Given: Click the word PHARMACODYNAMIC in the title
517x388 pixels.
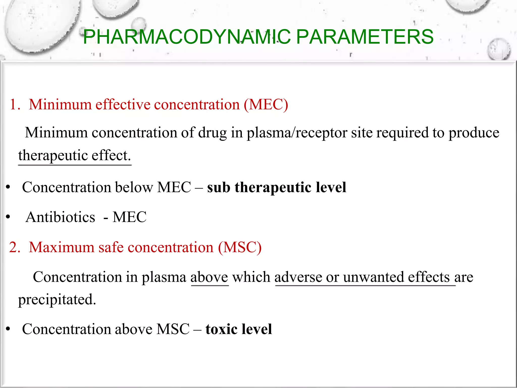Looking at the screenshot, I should pyautogui.click(x=187, y=37).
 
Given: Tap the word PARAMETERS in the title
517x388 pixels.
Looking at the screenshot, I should pyautogui.click(x=365, y=37).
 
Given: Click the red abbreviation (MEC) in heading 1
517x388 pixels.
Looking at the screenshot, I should pyautogui.click(x=266, y=105).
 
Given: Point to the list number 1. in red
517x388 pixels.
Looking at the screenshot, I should pyautogui.click(x=15, y=105).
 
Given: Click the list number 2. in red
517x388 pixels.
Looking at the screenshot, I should pyautogui.click(x=15, y=247).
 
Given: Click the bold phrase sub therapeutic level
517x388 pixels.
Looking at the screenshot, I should pyautogui.click(x=276, y=187).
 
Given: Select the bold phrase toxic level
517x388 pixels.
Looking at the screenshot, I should pyautogui.click(x=239, y=329).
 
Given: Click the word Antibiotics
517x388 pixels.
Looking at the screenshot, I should pyautogui.click(x=60, y=217).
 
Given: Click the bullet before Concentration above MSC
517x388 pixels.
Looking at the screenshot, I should pyautogui.click(x=8, y=329).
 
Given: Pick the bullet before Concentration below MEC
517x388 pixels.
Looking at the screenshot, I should pyautogui.click(x=8, y=187).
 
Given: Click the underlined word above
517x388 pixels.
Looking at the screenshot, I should pyautogui.click(x=209, y=277).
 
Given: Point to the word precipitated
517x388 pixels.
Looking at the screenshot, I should pyautogui.click(x=57, y=300).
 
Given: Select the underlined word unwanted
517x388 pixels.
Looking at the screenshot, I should pyautogui.click(x=373, y=277).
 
